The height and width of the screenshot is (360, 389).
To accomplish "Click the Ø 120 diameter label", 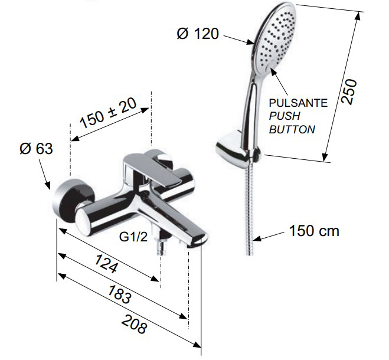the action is pos(198,34).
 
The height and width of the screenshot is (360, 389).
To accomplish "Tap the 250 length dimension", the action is pos(349,91).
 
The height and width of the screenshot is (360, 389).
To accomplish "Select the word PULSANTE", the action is pos(298,103).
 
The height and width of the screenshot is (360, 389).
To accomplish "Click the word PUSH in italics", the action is pos(285,116).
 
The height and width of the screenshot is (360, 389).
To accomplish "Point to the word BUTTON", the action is pos(292,129).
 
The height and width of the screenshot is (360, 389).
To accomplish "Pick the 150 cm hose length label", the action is pos(314,231).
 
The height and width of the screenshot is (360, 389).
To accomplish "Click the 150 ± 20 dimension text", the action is pos(108,113).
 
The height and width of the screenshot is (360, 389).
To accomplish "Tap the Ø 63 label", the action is pos(36,149).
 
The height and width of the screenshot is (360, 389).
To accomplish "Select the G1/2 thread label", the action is pos(133,237).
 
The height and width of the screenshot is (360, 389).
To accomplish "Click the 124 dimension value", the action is pos(106,263).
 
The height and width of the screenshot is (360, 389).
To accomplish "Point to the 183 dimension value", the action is pos(120,294).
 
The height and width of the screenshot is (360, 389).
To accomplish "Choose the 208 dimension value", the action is pos(135,323).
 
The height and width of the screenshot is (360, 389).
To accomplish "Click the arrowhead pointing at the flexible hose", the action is pos(257,238).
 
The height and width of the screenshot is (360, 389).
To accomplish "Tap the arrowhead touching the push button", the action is pos(274,71).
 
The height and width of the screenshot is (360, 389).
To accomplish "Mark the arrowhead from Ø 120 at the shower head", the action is pos(250,42).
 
